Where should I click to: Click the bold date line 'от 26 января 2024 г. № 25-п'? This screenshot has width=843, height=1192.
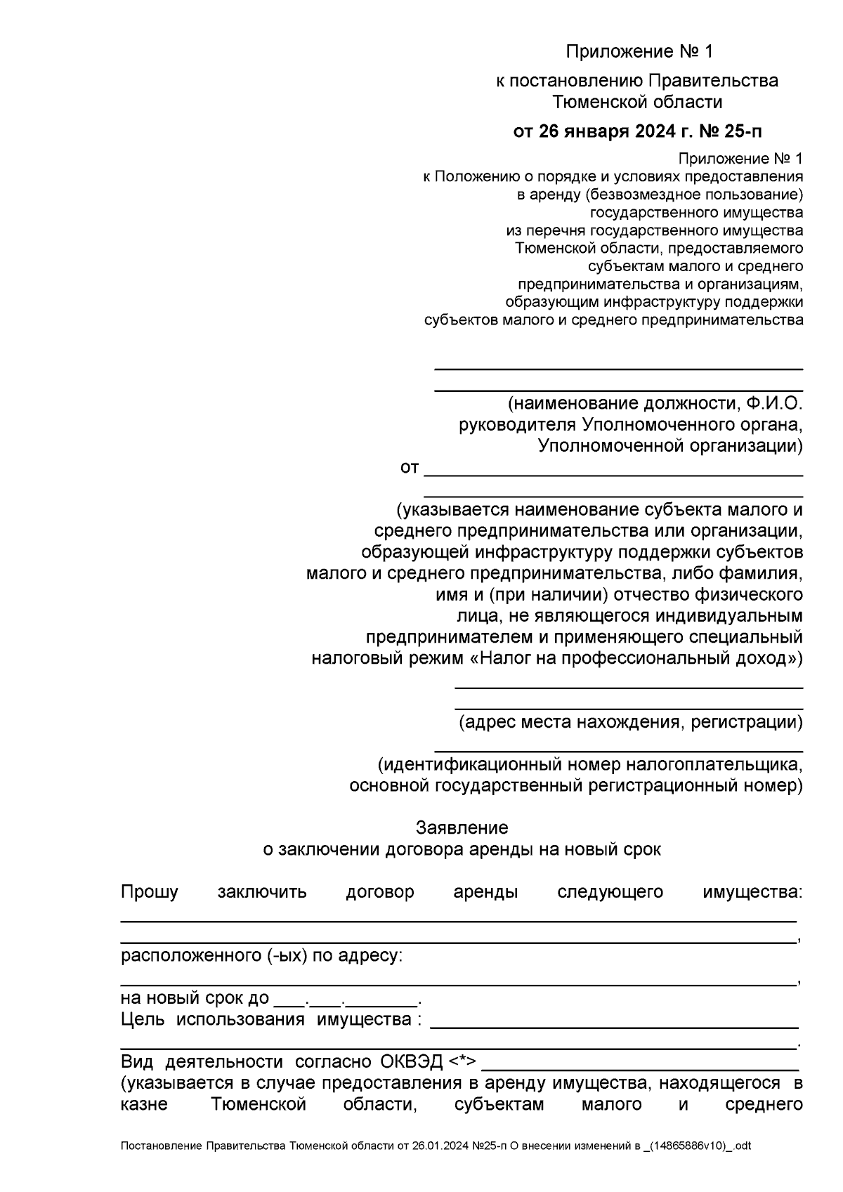[638, 131]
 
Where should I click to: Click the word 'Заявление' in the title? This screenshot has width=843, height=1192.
[462, 827]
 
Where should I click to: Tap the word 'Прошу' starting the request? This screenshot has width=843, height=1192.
[150, 892]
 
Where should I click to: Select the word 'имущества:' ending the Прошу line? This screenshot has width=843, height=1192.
[752, 892]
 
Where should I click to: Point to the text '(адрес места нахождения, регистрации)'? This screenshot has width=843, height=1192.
[630, 721]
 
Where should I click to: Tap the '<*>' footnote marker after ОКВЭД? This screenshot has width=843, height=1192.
[462, 1061]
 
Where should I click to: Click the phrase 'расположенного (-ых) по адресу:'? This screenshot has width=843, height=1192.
[262, 956]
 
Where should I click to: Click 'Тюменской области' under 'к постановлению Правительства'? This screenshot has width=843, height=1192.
[637, 103]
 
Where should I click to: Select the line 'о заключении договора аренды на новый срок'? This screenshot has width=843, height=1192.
[462, 849]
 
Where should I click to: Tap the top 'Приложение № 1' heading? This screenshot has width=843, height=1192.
[639, 51]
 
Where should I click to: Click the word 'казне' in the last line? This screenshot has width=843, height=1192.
[144, 1104]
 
